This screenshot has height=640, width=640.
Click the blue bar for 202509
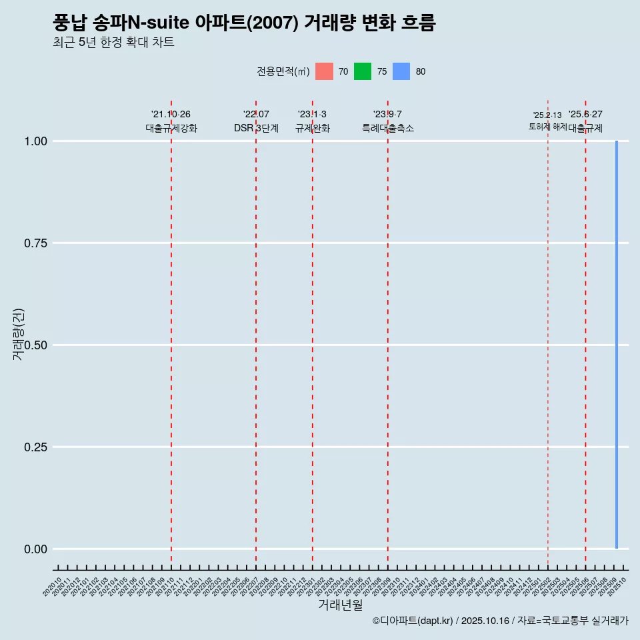[x=616, y=345]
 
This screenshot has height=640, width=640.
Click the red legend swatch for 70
[x=324, y=71]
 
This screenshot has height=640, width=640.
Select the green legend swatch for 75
[x=363, y=71]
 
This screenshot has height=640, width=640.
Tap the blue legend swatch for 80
[x=401, y=71]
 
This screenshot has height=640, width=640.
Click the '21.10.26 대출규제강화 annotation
[x=171, y=121]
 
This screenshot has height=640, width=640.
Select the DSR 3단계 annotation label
[x=256, y=128]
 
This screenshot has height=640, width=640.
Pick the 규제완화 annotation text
[x=312, y=128]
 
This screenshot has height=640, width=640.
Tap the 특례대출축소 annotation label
[x=387, y=128]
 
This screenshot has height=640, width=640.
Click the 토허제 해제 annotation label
[x=547, y=126]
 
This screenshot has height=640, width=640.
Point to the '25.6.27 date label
[x=585, y=115]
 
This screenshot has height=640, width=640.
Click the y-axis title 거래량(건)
[x=19, y=334]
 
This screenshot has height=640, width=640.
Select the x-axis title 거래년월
[x=340, y=605]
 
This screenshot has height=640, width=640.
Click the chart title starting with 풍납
[x=244, y=23]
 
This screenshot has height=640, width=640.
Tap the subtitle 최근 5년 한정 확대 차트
[x=113, y=43]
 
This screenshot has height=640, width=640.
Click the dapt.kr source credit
[x=500, y=621]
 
